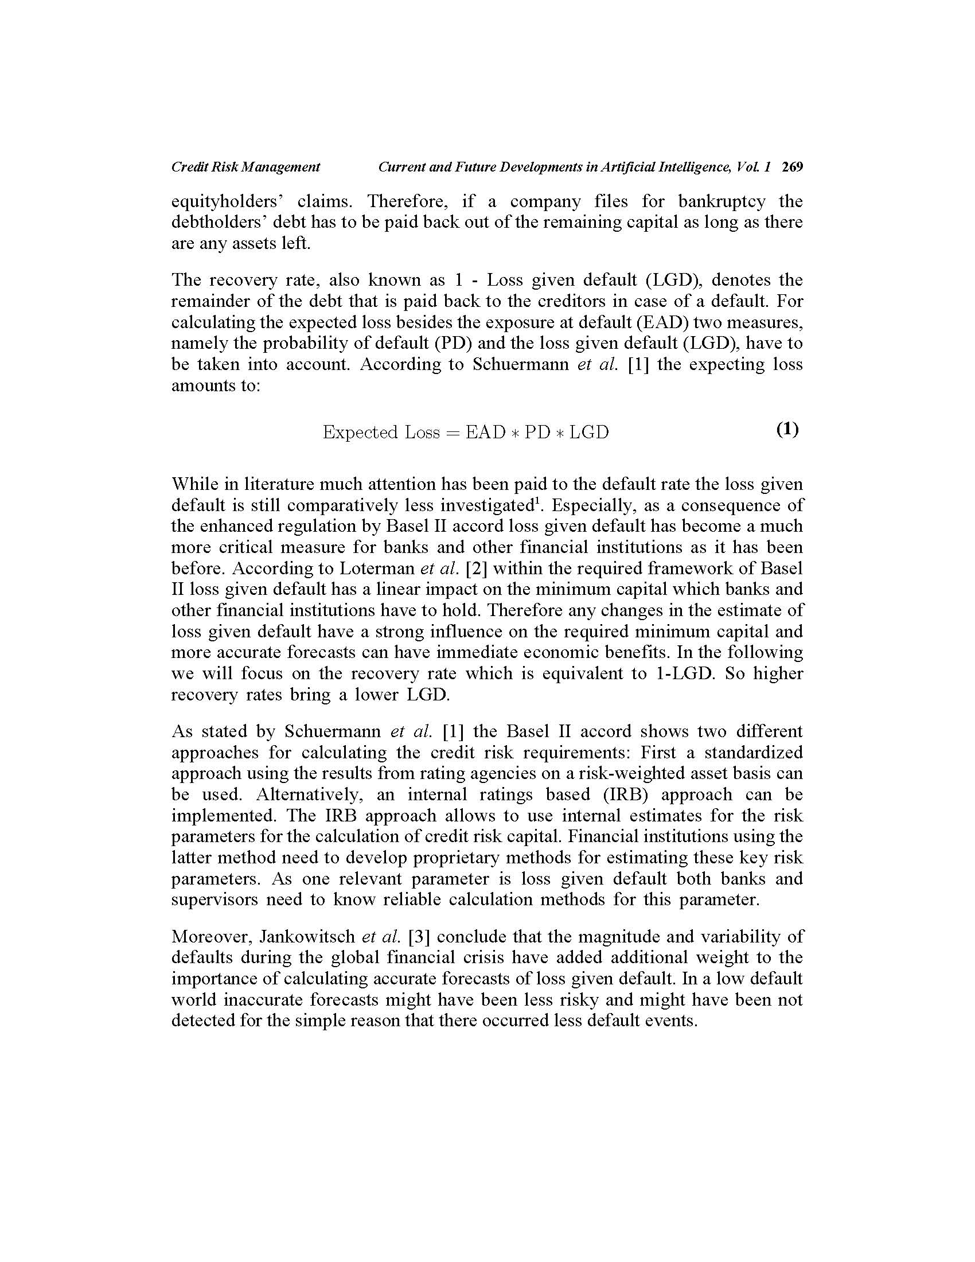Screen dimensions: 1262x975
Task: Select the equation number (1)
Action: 787,429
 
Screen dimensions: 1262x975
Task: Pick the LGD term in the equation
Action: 589,432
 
